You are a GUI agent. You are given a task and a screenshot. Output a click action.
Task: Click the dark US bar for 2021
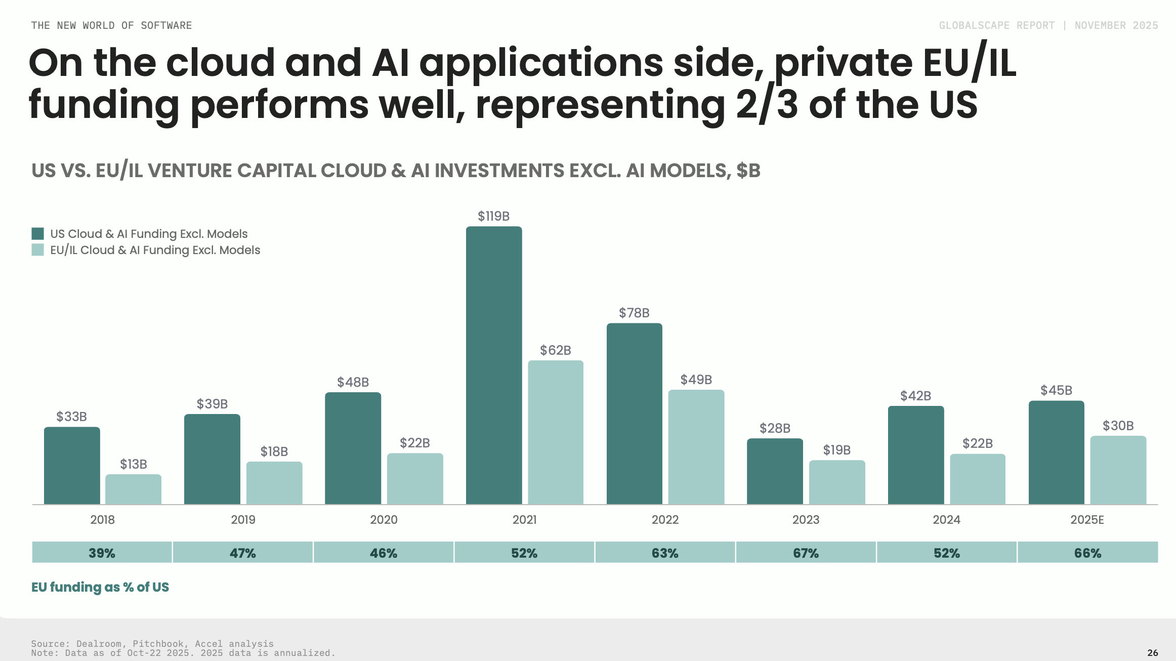pos(494,364)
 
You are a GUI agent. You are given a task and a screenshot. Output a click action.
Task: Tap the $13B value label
pos(134,464)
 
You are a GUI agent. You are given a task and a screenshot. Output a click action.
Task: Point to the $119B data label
pos(493,216)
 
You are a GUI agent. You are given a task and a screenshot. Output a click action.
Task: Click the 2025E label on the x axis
pos(1087,520)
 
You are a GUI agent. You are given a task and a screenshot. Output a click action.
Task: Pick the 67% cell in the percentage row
pos(806,553)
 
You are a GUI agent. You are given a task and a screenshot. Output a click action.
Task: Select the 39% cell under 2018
pos(102,553)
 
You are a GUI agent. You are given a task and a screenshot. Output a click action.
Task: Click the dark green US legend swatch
pos(38,233)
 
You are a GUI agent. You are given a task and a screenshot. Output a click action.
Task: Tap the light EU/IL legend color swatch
pos(38,250)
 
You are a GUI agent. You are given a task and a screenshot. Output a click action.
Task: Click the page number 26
pos(1152,652)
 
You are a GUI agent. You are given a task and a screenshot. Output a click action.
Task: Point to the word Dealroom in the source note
pos(99,644)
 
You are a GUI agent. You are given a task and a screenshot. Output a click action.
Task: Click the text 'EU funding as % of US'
pos(100,587)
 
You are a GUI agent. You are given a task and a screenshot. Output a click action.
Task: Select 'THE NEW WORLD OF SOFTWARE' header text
pos(111,25)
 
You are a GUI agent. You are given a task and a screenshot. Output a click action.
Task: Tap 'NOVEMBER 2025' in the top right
pos(1116,25)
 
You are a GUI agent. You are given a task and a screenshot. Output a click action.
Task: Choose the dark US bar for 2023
pos(775,471)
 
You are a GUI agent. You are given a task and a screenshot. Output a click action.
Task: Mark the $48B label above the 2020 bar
pos(353,382)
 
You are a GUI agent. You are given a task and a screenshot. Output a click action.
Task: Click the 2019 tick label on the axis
pos(243,520)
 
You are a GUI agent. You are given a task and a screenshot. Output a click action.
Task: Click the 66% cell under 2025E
pos(1087,553)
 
